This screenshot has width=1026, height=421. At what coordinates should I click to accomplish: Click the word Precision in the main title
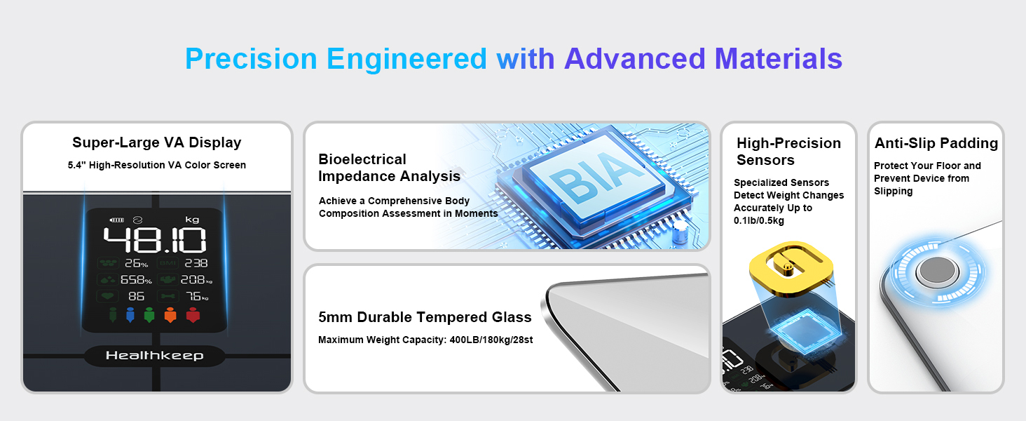tap(251, 59)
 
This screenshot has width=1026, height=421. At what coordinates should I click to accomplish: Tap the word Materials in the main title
tap(778, 59)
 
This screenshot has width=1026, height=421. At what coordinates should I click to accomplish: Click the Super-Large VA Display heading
tap(157, 142)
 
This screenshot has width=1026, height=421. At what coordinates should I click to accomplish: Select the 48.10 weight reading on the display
tap(155, 240)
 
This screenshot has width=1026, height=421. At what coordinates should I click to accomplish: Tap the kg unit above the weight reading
tap(192, 220)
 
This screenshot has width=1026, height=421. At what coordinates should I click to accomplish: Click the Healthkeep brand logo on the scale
tap(155, 356)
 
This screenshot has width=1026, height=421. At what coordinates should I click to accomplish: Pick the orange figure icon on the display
tap(170, 315)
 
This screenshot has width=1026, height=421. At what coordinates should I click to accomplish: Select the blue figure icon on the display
tap(130, 315)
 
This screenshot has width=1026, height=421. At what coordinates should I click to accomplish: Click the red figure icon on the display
tap(193, 315)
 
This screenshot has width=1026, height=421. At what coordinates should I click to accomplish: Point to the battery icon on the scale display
tap(117, 220)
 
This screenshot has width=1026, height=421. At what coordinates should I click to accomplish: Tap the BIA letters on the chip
tap(596, 178)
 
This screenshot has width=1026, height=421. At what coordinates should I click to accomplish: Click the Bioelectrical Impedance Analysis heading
tap(390, 168)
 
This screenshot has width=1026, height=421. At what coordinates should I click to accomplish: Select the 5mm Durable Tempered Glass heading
tap(425, 317)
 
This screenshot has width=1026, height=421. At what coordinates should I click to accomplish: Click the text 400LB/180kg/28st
tap(491, 340)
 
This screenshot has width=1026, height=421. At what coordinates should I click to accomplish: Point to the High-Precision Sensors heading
tap(788, 152)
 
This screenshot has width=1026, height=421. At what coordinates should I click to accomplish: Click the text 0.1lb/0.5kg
tap(759, 220)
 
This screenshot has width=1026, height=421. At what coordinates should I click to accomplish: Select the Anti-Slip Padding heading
tap(936, 143)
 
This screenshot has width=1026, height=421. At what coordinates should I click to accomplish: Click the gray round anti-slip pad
tap(937, 271)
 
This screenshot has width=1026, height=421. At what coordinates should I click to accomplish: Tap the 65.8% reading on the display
tap(136, 280)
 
